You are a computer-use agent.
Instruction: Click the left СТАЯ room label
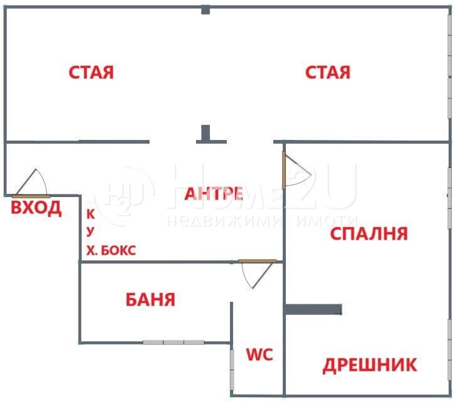pos(91,72)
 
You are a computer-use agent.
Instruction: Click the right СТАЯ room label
pos(327,72)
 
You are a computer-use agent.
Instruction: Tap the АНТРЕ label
pos(214,194)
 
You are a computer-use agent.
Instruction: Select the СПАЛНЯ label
pos(369,234)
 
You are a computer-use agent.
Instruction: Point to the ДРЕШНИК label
pos(369,365)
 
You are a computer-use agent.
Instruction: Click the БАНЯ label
pos(150,299)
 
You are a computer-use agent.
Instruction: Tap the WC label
pos(259,355)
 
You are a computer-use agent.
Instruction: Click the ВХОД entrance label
pos(36,208)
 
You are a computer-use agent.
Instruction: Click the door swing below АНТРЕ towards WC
pos(256,274)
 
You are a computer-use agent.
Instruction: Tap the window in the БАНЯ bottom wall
pos(173,342)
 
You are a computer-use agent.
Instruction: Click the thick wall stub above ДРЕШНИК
pos(314,309)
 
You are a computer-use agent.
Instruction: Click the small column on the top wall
pos(205,9)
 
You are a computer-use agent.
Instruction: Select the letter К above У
pos(90,213)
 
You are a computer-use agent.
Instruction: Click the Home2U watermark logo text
pos(264,188)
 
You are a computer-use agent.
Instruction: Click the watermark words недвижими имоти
pos(263,221)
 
